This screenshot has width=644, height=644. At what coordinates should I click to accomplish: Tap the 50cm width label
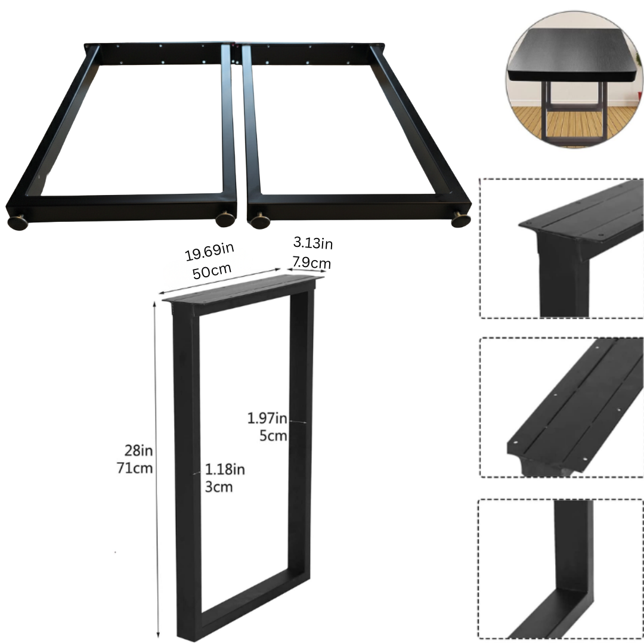tap(212, 270)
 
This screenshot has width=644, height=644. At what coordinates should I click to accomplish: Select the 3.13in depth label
tap(312, 243)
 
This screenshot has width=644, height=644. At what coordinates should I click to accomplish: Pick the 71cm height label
tap(134, 467)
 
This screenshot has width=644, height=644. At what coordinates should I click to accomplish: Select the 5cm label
tap(273, 436)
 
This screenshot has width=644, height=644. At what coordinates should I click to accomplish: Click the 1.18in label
tap(224, 469)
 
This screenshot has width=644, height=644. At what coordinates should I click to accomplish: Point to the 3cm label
tap(218, 487)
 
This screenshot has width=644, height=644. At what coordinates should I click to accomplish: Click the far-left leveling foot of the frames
tap(18, 222)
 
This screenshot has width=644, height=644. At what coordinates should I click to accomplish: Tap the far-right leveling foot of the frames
tap(461, 219)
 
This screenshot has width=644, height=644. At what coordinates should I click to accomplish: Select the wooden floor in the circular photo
tap(572, 122)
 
